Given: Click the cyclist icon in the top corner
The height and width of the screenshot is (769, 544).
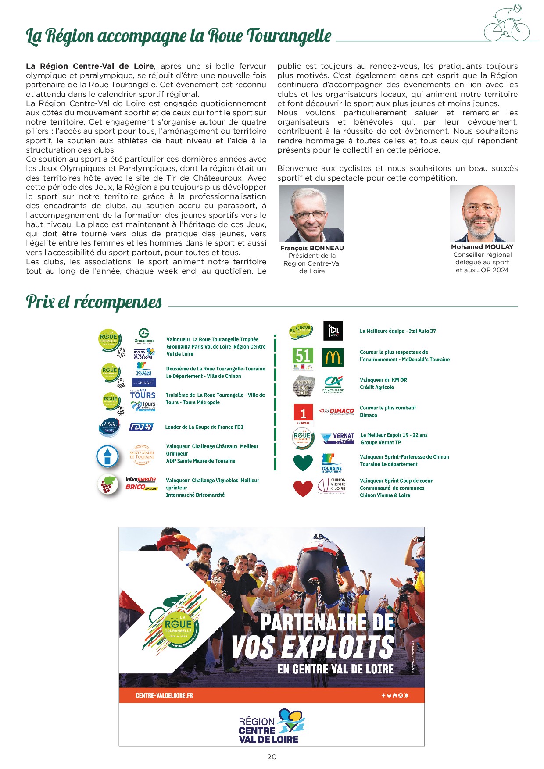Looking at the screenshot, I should [x=507, y=24].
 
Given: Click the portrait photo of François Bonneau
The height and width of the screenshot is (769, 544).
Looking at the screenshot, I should [x=311, y=214].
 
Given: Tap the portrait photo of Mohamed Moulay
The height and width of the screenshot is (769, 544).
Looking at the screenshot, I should [x=482, y=214].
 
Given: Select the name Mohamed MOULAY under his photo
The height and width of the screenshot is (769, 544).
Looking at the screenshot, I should [x=482, y=247].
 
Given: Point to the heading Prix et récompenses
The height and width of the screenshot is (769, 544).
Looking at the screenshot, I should [x=94, y=302].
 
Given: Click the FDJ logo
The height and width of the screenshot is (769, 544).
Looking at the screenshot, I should [x=141, y=427].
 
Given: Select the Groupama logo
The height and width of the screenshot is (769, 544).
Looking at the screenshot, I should [x=144, y=336].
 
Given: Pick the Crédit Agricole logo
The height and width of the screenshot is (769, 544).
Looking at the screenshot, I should [x=333, y=384].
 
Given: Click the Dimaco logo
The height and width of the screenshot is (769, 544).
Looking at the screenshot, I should [x=336, y=411].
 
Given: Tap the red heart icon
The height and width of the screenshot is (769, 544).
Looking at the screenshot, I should [x=303, y=488].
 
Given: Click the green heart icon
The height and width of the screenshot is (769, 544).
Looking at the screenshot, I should [x=303, y=462].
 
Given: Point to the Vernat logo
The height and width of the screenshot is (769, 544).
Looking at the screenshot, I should [x=337, y=438].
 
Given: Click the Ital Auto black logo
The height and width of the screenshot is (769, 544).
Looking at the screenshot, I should [x=333, y=331].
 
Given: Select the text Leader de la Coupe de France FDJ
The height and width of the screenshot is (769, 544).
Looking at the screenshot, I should [x=204, y=427].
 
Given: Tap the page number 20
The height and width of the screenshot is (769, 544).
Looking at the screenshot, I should [x=272, y=757].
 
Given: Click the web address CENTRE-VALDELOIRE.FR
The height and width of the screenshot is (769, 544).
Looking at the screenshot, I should [x=164, y=695].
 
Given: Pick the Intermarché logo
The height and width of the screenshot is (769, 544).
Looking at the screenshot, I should [x=141, y=479].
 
